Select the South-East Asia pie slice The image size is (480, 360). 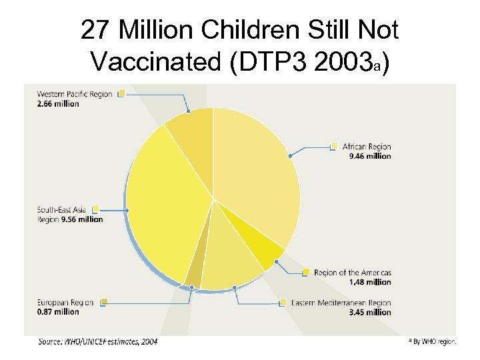[167, 200]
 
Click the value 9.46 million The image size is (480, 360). [370, 156]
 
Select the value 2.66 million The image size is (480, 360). [58, 103]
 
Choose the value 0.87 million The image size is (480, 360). [58, 311]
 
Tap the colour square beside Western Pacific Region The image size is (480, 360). [121, 94]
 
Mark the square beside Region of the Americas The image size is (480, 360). [306, 272]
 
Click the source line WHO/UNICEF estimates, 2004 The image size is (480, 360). [98, 342]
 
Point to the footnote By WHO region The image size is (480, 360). [434, 341]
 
